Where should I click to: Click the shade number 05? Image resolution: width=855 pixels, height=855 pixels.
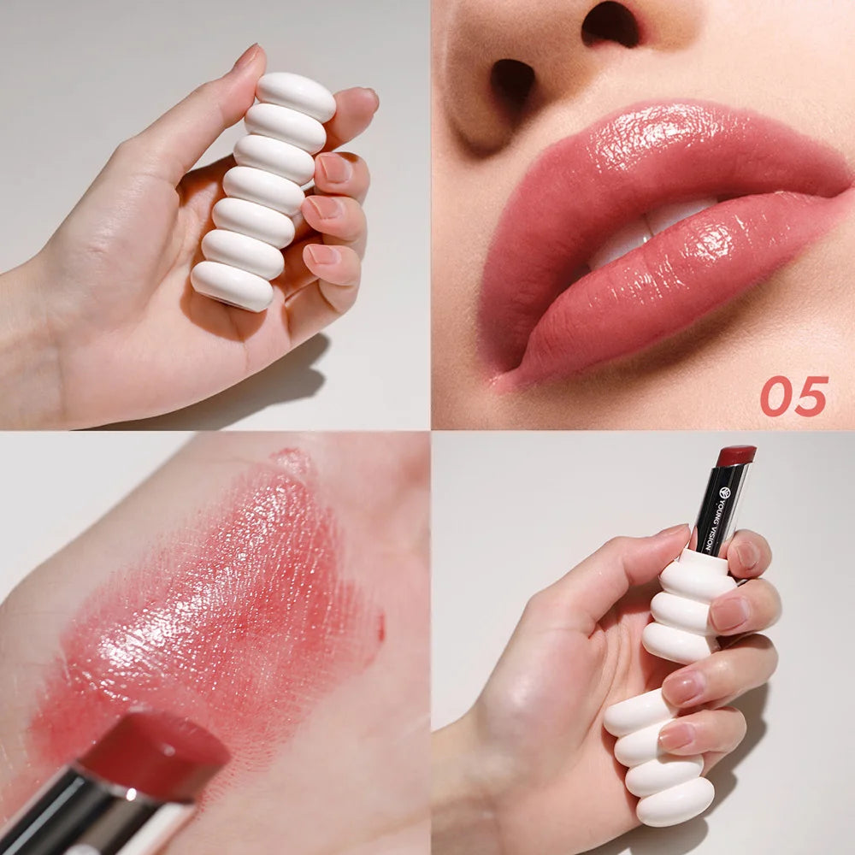tap(794, 396)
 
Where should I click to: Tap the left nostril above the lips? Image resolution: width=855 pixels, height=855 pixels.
tap(514, 81)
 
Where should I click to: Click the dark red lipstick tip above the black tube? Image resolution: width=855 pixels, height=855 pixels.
tap(735, 455)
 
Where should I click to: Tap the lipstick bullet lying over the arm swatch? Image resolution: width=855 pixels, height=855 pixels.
tap(154, 752)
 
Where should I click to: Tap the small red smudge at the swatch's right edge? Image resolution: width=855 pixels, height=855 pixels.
tap(380, 628)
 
